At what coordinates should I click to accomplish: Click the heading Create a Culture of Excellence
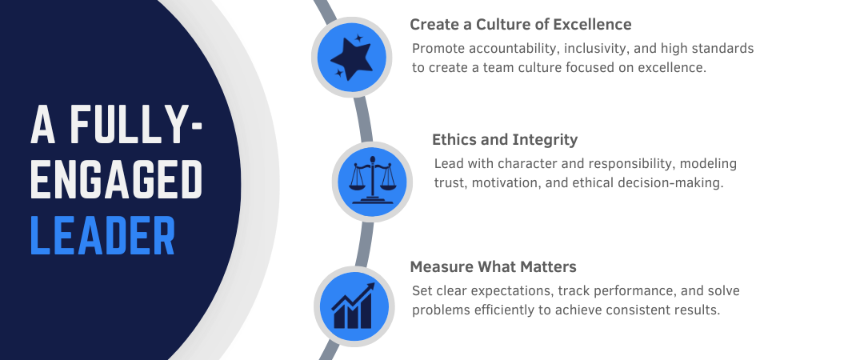tap(521, 24)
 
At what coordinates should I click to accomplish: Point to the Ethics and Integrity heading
tap(505, 140)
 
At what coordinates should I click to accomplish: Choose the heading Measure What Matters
tap(493, 266)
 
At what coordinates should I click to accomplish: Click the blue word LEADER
tap(102, 234)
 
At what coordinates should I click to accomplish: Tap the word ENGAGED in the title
tap(116, 180)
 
